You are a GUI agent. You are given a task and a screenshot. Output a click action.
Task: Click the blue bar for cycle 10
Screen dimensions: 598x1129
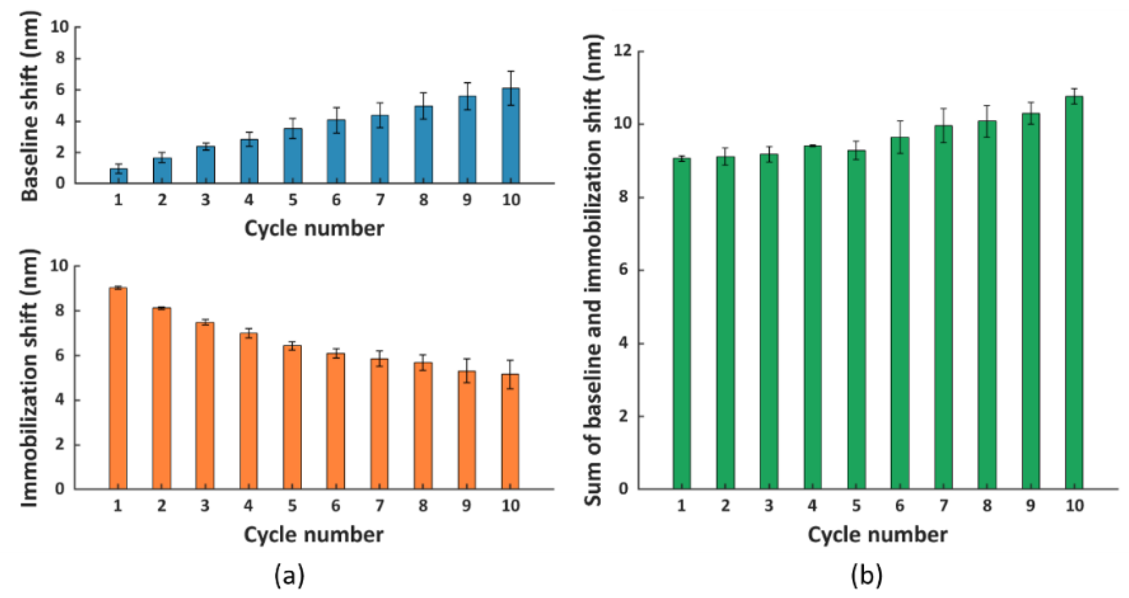pos(510,137)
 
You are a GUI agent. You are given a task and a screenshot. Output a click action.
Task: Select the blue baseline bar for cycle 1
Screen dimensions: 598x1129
pos(118,176)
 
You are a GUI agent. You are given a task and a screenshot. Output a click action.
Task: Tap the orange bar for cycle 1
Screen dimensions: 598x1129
pos(118,388)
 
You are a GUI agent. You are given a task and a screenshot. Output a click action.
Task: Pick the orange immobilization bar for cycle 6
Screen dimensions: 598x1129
pos(336,421)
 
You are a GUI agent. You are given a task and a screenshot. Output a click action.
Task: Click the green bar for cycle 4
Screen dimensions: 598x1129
pos(812,318)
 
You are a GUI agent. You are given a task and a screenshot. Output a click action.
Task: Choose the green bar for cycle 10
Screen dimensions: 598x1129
pos(1074,292)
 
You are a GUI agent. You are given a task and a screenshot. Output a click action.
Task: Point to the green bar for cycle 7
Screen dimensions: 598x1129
pos(943,306)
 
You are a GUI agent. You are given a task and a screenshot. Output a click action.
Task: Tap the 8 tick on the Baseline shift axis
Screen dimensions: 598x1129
pos(60,58)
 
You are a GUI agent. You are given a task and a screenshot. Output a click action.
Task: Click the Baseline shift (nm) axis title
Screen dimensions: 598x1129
pos(30,106)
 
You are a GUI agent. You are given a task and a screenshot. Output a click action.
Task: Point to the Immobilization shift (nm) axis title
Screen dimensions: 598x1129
pos(29,378)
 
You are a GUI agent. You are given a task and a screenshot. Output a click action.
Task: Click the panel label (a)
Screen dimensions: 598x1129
pos(289,575)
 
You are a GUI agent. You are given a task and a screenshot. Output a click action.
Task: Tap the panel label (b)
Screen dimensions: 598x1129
pos(866,575)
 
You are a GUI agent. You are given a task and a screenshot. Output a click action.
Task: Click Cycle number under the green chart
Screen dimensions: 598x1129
pos(878,534)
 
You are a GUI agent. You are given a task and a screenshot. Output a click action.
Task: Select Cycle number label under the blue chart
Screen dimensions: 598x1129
pos(314,228)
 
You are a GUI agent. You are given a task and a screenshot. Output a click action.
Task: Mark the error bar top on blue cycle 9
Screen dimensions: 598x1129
pos(467,83)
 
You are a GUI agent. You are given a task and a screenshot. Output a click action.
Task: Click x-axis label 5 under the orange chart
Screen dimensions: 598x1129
pos(292,506)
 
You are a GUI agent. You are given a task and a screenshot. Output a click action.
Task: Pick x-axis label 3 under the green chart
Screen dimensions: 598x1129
pos(768,506)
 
